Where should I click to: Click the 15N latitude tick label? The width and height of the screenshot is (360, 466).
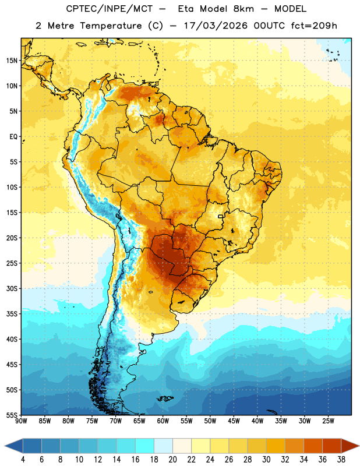pyautogui.click(x=12, y=61)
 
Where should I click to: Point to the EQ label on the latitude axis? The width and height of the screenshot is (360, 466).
pyautogui.click(x=13, y=137)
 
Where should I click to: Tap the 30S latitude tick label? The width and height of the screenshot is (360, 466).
pyautogui.click(x=12, y=288)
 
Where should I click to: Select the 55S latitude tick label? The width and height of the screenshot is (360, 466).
pyautogui.click(x=12, y=415)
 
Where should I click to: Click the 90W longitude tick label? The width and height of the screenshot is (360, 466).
pyautogui.click(x=21, y=421)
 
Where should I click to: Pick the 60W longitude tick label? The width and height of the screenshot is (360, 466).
pyautogui.click(x=163, y=421)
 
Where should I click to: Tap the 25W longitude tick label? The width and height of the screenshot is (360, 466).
pyautogui.click(x=328, y=421)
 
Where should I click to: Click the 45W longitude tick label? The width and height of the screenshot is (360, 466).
pyautogui.click(x=234, y=421)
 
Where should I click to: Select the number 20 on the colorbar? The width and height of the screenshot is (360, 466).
pyautogui.click(x=172, y=460)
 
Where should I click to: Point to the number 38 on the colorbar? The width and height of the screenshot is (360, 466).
pyautogui.click(x=341, y=460)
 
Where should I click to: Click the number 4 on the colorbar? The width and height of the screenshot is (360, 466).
pyautogui.click(x=23, y=460)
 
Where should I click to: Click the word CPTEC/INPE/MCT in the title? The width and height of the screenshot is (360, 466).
pyautogui.click(x=109, y=9)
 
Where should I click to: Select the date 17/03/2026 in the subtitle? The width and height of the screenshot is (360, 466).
pyautogui.click(x=216, y=26)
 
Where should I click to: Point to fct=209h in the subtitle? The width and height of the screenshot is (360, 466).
pyautogui.click(x=314, y=26)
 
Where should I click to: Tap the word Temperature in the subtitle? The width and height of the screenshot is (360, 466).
pyautogui.click(x=111, y=26)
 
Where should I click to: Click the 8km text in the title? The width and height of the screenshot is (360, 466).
pyautogui.click(x=243, y=9)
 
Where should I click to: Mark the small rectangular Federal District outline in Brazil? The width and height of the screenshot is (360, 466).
pyautogui.click(x=221, y=216)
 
